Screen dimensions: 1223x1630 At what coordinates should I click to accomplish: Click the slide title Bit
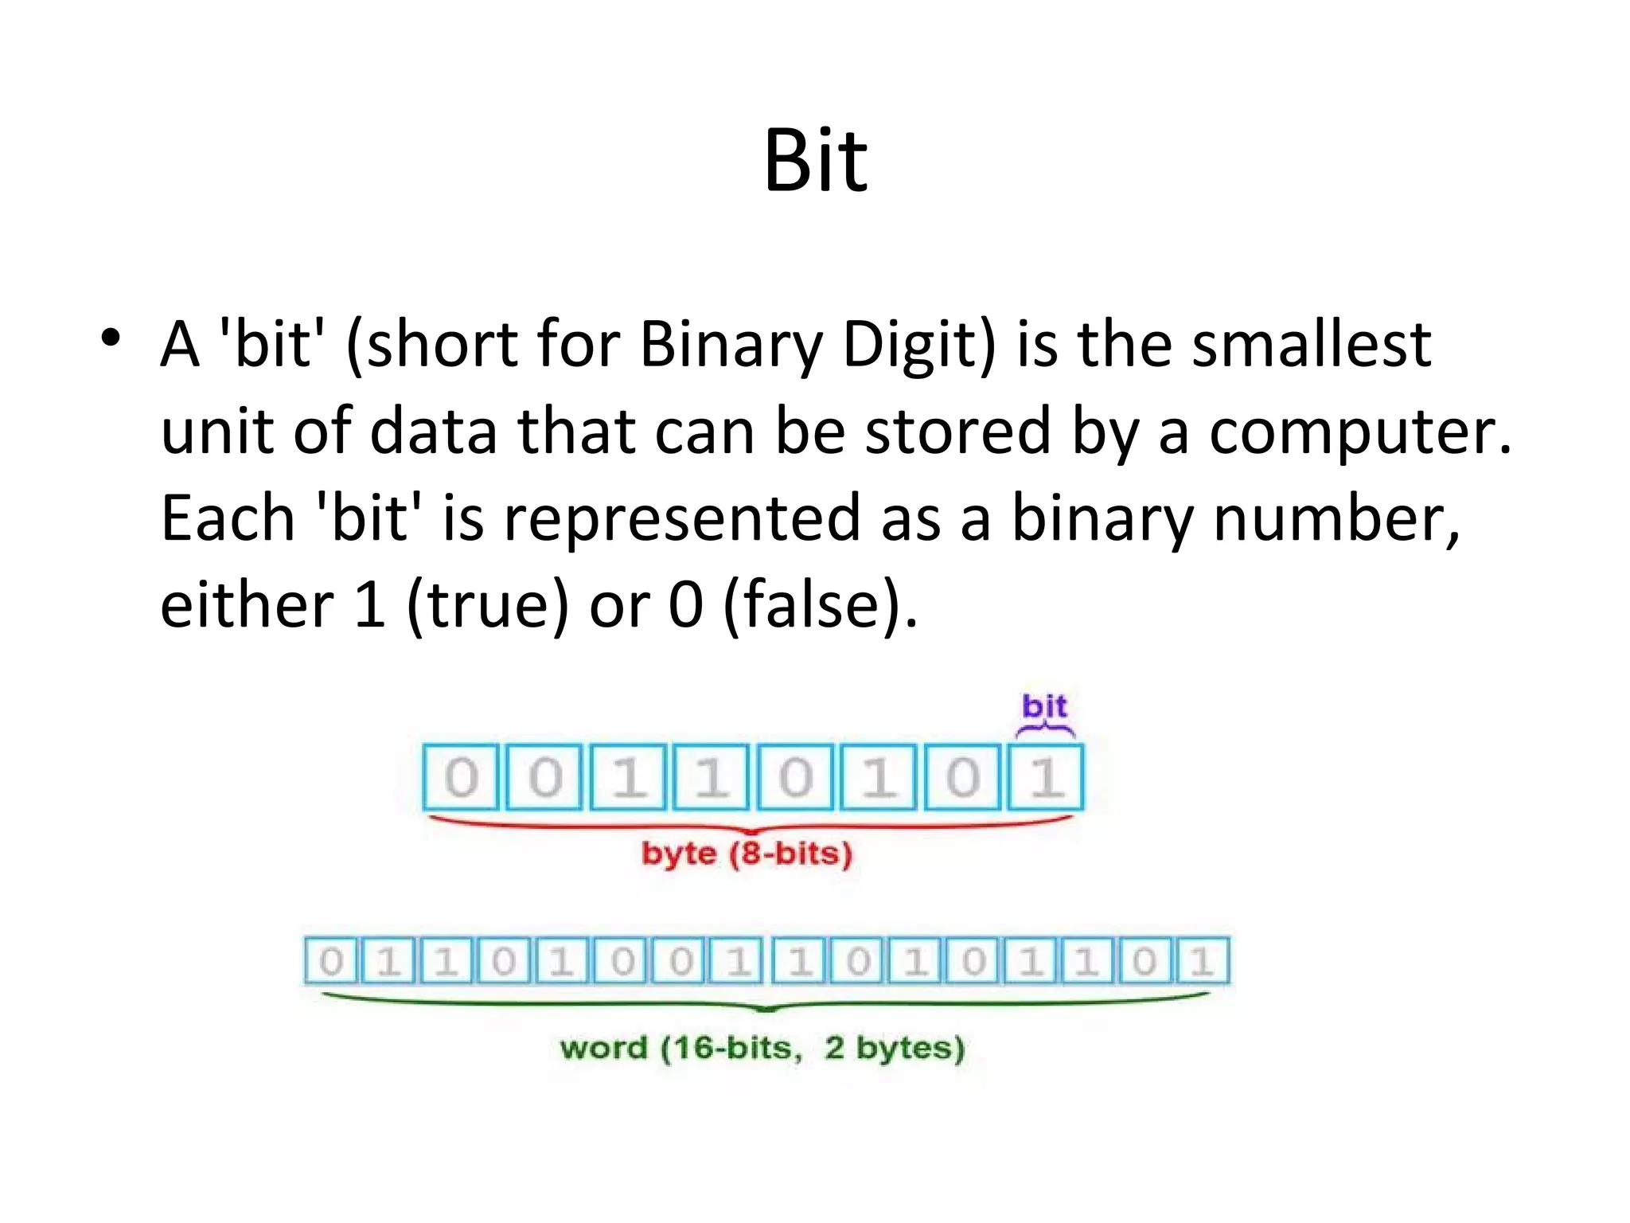(815, 161)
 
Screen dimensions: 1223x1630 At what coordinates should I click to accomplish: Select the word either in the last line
(247, 605)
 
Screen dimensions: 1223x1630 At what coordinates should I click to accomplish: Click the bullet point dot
(111, 338)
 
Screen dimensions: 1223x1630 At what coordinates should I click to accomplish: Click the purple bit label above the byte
(1044, 706)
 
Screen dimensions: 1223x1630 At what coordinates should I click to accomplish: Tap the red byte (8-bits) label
(747, 854)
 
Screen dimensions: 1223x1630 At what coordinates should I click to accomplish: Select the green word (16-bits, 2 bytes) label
(762, 1048)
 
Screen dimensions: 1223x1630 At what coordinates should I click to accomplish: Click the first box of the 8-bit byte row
(461, 777)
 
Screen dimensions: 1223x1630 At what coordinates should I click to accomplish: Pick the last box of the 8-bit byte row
(1046, 777)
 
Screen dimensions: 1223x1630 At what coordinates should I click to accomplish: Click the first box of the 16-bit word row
(331, 962)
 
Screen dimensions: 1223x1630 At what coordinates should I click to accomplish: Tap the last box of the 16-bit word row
(1201, 962)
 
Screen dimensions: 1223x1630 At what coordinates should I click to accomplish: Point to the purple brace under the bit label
(1045, 730)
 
